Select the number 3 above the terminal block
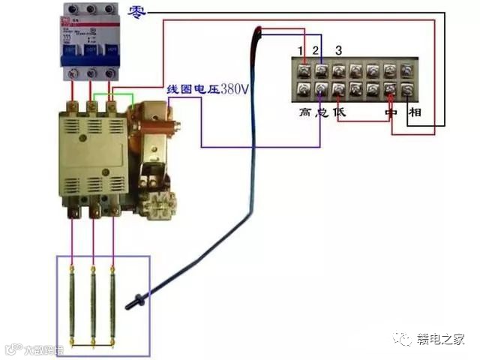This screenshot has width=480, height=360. coord(339,50)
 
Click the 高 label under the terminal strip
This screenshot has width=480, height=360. coord(304,112)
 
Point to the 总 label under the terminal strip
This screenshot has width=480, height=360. coord(322,112)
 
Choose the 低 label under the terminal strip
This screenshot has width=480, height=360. coord(339,112)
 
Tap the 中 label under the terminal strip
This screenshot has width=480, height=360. coord(390,112)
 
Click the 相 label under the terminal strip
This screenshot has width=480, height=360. coord(415,112)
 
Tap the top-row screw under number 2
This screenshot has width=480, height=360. coord(322,70)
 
